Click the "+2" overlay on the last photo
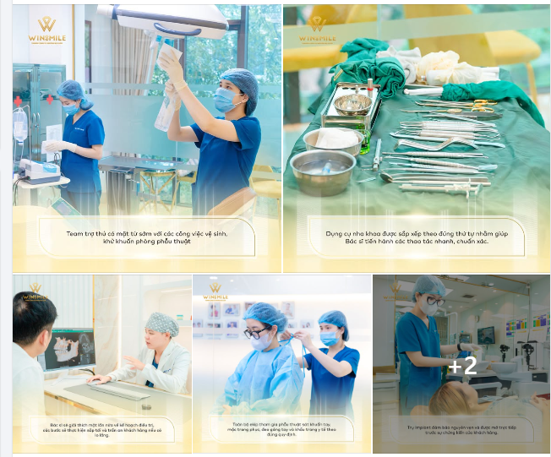pyautogui.click(x=462, y=366)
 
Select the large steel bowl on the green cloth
pyautogui.click(x=323, y=171)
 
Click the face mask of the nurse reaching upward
pyautogui.click(x=226, y=100)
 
